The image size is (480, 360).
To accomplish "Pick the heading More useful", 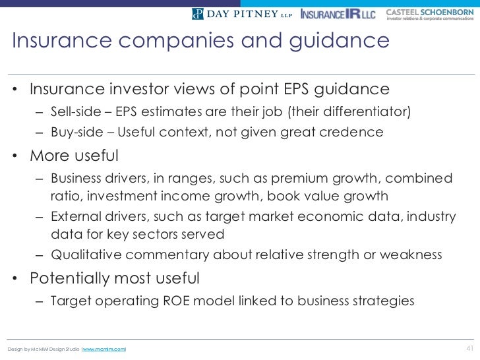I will pos(74,157).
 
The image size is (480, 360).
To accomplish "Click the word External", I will pos(75,218).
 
